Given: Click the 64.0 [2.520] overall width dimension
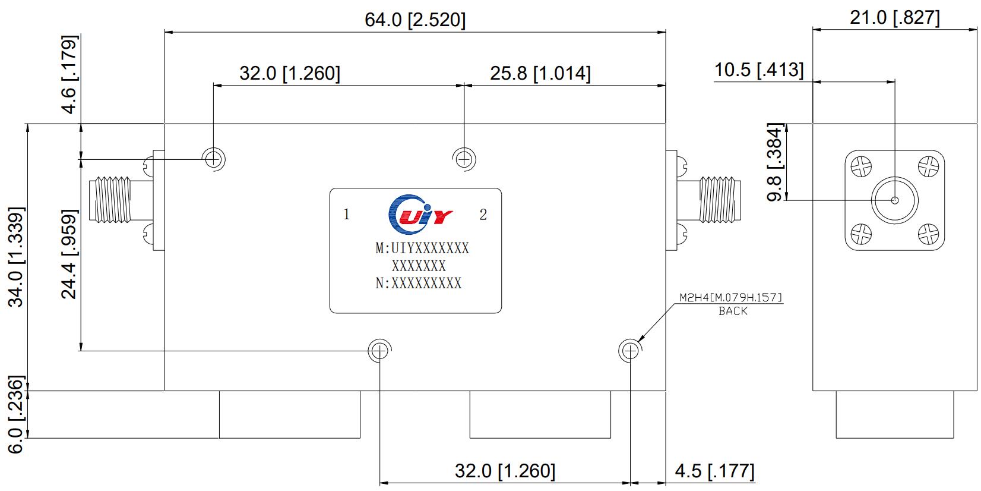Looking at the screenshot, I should [x=414, y=20].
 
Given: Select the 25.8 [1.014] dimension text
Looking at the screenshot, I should [x=540, y=74].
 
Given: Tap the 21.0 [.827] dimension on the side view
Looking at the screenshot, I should [x=894, y=18].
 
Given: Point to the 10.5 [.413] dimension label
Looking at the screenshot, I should [x=758, y=71].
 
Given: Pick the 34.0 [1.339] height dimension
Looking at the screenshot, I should [x=16, y=256].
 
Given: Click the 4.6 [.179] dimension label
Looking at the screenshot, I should [x=70, y=75].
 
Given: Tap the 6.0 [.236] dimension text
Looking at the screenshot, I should [x=16, y=414].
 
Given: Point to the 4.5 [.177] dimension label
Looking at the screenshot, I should [x=714, y=471].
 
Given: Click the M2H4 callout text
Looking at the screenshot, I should [x=730, y=298].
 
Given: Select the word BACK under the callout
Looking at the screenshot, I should [x=733, y=311].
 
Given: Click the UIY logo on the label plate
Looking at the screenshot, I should [x=419, y=213].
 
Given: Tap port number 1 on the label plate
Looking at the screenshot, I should [x=347, y=215].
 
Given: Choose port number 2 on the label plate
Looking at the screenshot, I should [x=483, y=215].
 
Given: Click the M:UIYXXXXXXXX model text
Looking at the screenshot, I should [x=422, y=248].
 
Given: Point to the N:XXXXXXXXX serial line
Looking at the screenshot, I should [x=418, y=284].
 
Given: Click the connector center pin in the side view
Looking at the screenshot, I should [x=894, y=200].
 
